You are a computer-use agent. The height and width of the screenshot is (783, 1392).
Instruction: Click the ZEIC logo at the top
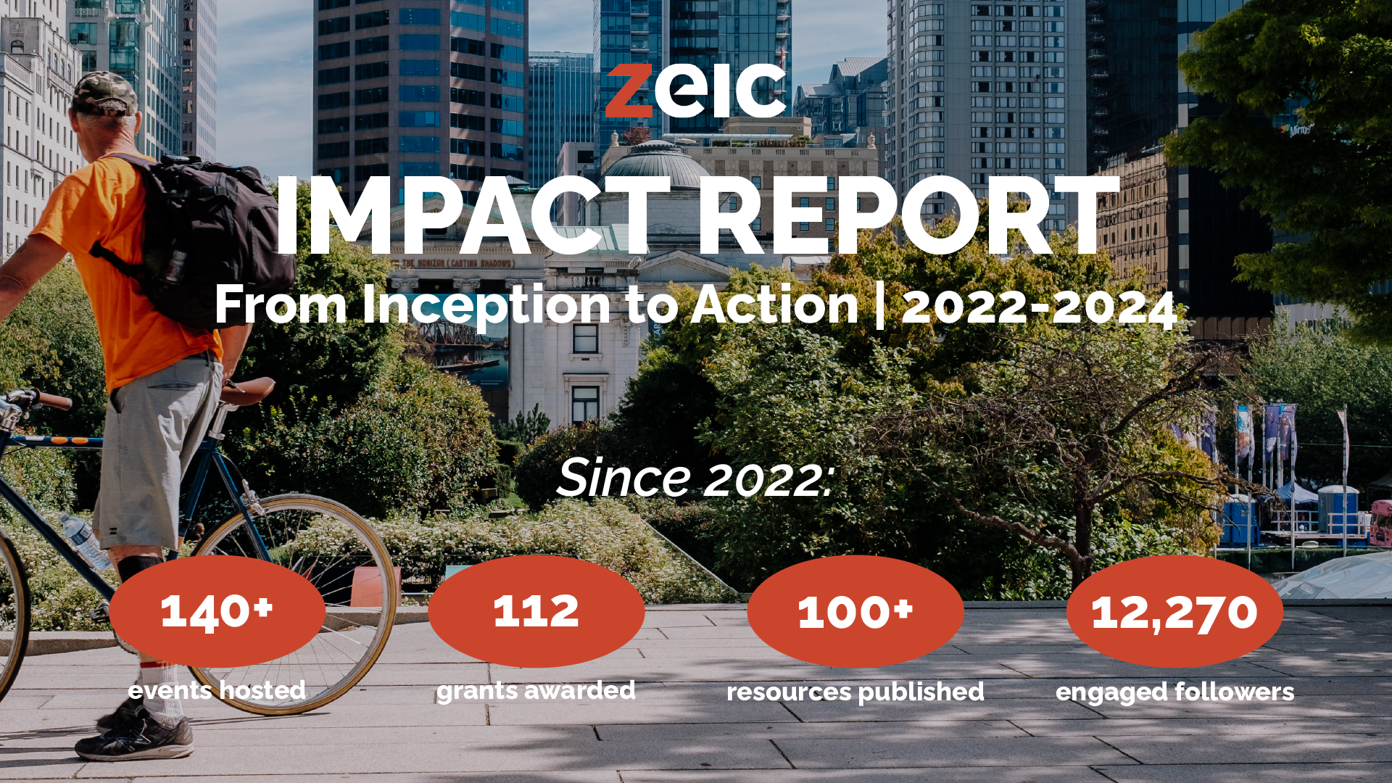point(696,91)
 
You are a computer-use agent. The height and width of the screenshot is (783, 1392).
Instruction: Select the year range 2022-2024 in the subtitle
point(1038,307)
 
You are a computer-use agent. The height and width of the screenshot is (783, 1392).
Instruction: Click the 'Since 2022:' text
point(695,478)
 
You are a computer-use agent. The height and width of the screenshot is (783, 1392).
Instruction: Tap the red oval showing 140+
point(217,611)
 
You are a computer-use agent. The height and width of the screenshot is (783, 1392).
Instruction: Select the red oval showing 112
point(536,611)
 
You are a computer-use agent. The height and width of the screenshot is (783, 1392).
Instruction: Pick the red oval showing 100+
point(855,611)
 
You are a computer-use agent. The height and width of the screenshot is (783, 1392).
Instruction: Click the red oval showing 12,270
point(1174,611)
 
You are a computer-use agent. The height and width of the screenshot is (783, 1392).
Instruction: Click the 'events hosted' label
point(217,690)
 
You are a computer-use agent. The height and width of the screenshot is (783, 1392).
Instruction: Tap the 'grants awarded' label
point(536,692)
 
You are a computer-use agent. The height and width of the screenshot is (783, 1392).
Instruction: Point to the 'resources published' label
point(855,692)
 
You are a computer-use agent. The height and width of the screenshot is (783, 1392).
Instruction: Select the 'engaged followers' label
point(1174,692)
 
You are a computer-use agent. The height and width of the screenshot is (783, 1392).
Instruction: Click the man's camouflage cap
point(105,93)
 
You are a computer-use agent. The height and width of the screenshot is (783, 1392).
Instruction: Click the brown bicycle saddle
point(247,391)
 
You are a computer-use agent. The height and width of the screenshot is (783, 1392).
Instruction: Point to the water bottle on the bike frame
point(86,542)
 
